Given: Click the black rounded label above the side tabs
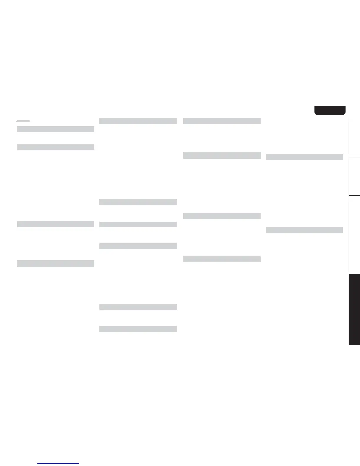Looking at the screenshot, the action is pyautogui.click(x=330, y=110).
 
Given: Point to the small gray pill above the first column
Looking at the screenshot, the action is pyautogui.click(x=23, y=121).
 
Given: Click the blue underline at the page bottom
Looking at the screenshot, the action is pyautogui.click(x=58, y=464).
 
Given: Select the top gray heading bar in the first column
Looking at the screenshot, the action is pyautogui.click(x=56, y=129).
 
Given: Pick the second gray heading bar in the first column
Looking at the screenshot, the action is pyautogui.click(x=56, y=147).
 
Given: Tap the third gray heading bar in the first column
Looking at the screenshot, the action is pyautogui.click(x=56, y=224).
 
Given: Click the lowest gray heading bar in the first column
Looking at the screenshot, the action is pyautogui.click(x=56, y=263).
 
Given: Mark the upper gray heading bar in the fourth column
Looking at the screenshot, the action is pyautogui.click(x=304, y=157).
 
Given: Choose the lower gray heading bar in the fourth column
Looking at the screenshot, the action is pyautogui.click(x=304, y=230).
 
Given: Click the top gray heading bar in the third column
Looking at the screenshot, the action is pyautogui.click(x=221, y=120).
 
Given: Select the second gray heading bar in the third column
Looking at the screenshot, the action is pyautogui.click(x=221, y=155).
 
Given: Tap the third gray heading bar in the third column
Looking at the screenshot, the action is pyautogui.click(x=221, y=216).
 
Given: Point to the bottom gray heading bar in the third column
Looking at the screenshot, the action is pyautogui.click(x=221, y=259).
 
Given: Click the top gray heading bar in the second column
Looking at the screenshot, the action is pyautogui.click(x=138, y=120).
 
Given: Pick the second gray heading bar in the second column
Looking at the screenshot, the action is pyautogui.click(x=138, y=202).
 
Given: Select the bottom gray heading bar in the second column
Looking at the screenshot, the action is pyautogui.click(x=138, y=329).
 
